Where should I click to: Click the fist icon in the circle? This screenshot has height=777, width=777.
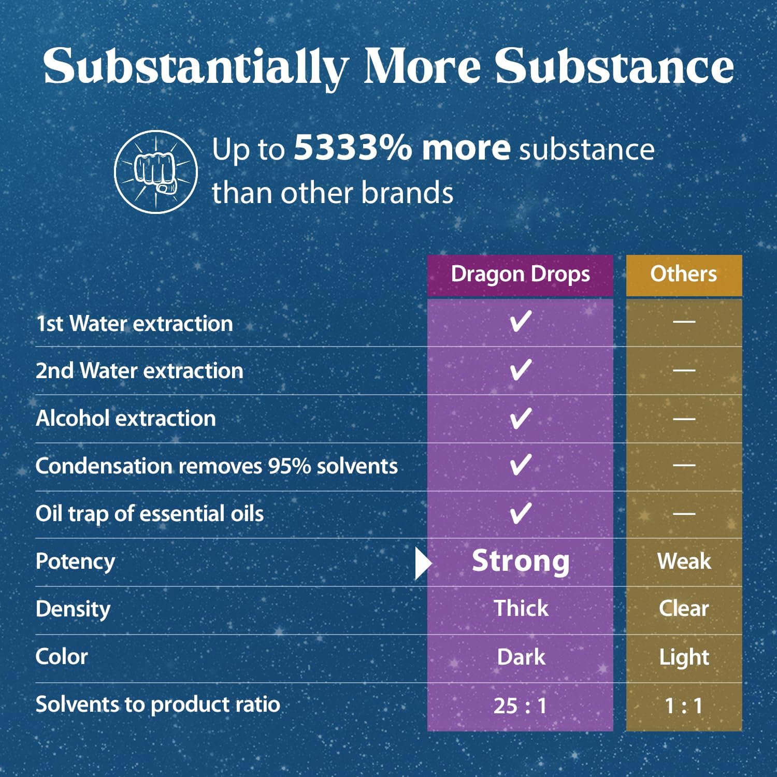(x=155, y=171)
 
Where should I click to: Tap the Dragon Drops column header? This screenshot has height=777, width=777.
(x=520, y=275)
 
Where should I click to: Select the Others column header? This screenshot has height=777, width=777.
(x=684, y=275)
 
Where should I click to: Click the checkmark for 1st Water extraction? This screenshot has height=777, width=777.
(x=520, y=322)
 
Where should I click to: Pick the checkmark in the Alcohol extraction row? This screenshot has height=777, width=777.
(x=520, y=418)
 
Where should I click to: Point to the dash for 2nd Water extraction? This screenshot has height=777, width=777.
(x=684, y=370)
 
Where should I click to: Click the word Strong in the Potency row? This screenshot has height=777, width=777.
(x=521, y=561)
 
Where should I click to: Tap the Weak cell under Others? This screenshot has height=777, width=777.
(x=684, y=561)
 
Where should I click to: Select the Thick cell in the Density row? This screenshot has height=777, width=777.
(x=521, y=609)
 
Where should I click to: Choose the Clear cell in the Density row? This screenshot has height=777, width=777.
(x=684, y=609)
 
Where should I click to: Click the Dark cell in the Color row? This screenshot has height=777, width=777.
(x=521, y=657)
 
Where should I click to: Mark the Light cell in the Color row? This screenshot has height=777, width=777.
(x=684, y=657)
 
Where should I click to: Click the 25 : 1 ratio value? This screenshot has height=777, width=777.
(x=520, y=706)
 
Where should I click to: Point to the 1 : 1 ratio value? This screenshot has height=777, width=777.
(x=684, y=706)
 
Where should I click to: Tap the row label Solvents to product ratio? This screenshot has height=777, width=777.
(x=157, y=704)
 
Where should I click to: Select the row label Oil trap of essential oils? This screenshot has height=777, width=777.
(x=149, y=514)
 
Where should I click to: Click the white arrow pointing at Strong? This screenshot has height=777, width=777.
(x=423, y=563)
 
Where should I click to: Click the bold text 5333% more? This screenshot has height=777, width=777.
(x=402, y=148)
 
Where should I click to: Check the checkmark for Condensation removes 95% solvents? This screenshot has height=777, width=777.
(x=520, y=465)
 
